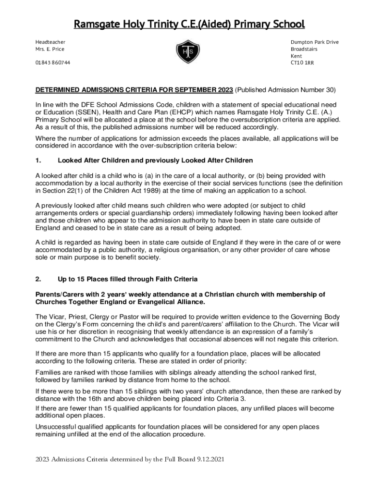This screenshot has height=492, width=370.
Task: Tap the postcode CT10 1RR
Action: pyautogui.click(x=302, y=63)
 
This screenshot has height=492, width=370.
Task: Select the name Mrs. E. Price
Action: pyautogui.click(x=49, y=49)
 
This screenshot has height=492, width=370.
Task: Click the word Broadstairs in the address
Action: pyautogui.click(x=304, y=49)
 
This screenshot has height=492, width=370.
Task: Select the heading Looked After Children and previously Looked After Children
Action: pyautogui.click(x=155, y=160)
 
